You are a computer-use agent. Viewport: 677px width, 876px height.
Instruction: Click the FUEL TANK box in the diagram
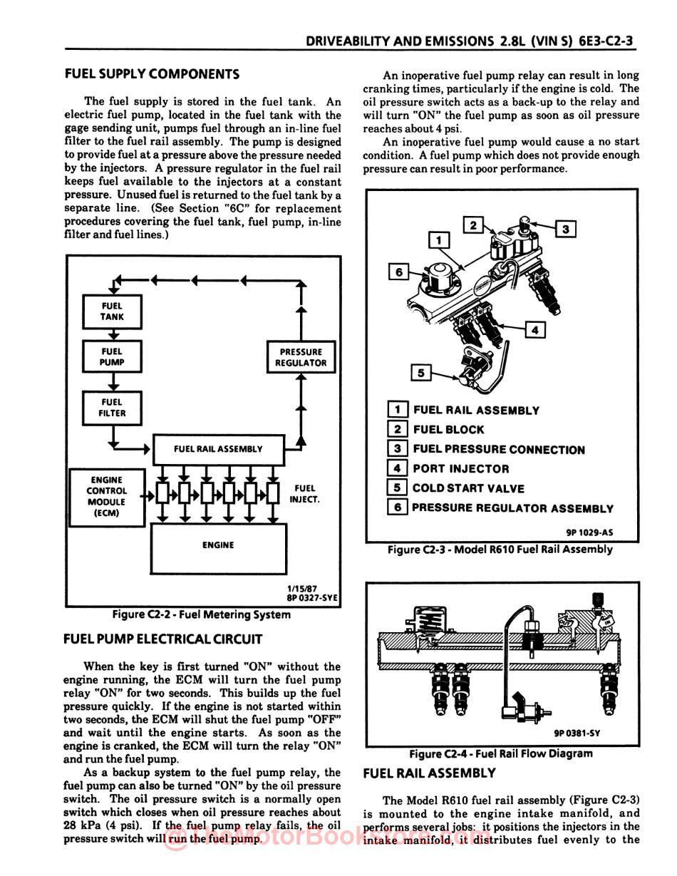point(112,311)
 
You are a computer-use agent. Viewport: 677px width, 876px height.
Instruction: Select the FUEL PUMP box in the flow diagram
point(112,356)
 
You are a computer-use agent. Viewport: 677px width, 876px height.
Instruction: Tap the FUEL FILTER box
point(112,407)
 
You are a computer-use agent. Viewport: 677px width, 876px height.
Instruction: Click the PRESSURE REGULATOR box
point(301,357)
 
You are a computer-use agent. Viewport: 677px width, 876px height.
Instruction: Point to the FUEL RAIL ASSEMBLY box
point(218,449)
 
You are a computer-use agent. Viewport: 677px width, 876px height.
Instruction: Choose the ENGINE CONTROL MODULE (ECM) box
point(106,496)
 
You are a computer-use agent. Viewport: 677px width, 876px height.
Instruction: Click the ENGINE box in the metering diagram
point(218,545)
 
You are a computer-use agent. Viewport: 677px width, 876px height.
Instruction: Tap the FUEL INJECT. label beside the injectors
point(304,494)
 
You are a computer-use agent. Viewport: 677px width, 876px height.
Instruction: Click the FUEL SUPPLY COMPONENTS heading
point(152,74)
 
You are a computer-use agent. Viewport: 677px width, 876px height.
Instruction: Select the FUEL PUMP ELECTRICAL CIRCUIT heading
point(163,639)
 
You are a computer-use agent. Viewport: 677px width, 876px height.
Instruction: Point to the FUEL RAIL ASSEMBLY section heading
point(429,773)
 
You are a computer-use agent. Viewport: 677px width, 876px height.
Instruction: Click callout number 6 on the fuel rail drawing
point(398,272)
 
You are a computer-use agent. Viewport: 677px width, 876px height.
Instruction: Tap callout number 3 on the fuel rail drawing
point(565,229)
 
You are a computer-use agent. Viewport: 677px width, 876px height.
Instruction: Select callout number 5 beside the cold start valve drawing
point(421,373)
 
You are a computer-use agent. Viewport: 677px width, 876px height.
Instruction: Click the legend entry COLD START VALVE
point(468,488)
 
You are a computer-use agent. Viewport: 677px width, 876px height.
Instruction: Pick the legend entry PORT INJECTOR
point(461,469)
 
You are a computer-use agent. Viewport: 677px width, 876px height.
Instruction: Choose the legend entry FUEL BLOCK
point(448,430)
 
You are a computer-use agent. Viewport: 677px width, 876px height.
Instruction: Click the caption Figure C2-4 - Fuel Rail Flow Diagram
point(500,753)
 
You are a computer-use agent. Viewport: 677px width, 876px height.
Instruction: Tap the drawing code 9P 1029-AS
point(589,532)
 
